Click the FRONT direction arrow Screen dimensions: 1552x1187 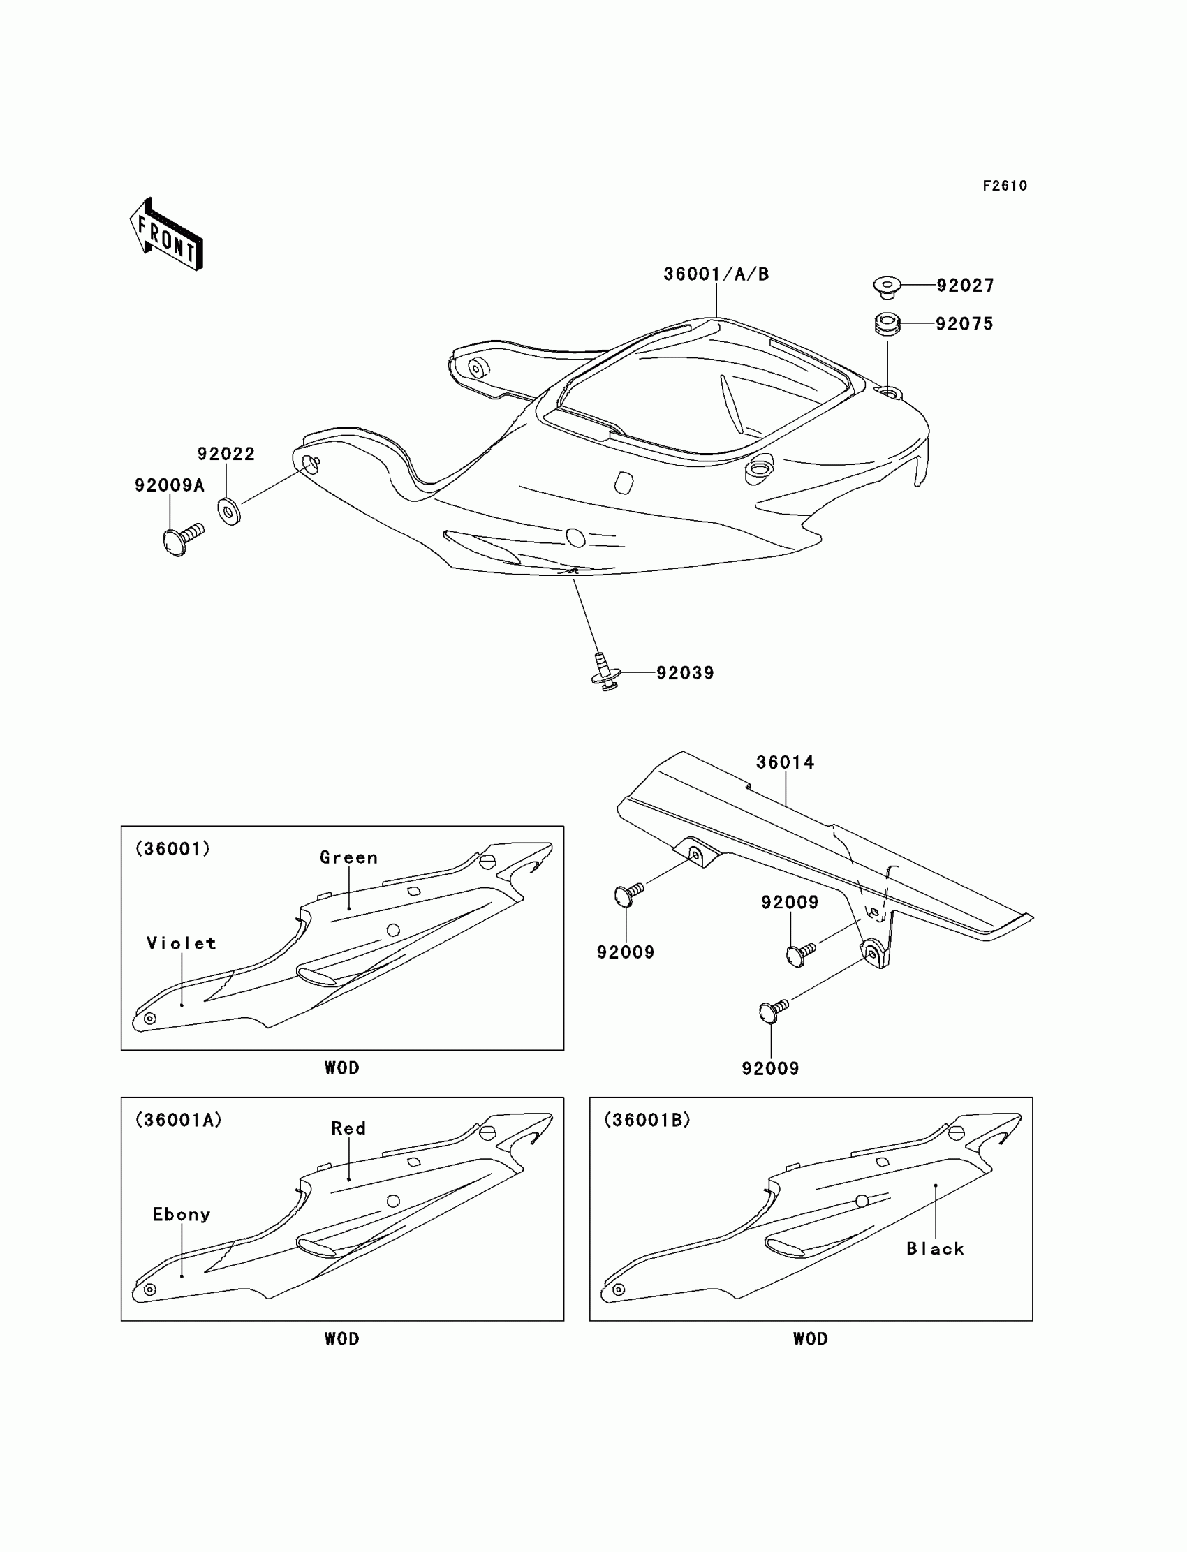pyautogui.click(x=167, y=236)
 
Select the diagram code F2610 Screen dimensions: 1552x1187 pyautogui.click(x=1005, y=186)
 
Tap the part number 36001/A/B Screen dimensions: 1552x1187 pyautogui.click(x=716, y=274)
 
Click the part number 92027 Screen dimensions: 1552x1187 pyautogui.click(x=965, y=286)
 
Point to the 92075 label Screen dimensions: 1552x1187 pyautogui.click(x=964, y=324)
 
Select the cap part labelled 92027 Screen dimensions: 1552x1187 pyautogui.click(x=887, y=286)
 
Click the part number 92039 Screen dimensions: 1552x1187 pyautogui.click(x=685, y=673)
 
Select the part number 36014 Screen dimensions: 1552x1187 pyautogui.click(x=785, y=762)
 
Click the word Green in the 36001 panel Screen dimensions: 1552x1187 pyautogui.click(x=349, y=857)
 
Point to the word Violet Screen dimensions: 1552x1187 pyautogui.click(x=181, y=944)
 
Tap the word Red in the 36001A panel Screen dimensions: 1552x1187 pyautogui.click(x=349, y=1129)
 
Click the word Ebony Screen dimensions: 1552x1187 pyautogui.click(x=182, y=1215)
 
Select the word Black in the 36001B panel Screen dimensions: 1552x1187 pyautogui.click(x=935, y=1249)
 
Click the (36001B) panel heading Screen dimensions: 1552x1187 pyautogui.click(x=647, y=1121)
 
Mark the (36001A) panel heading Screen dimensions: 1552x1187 pyautogui.click(x=178, y=1121)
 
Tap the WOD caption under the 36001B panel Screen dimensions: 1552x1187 pyautogui.click(x=811, y=1339)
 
